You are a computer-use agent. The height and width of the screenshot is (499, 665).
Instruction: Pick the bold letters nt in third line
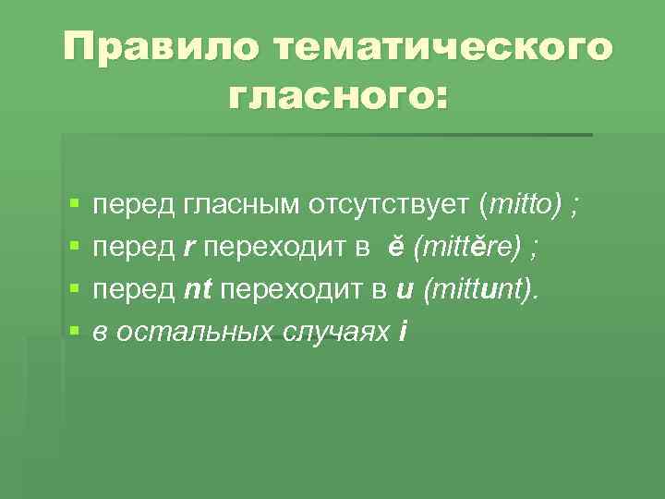tap(199, 289)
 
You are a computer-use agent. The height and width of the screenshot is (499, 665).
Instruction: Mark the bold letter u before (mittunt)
tap(403, 289)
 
